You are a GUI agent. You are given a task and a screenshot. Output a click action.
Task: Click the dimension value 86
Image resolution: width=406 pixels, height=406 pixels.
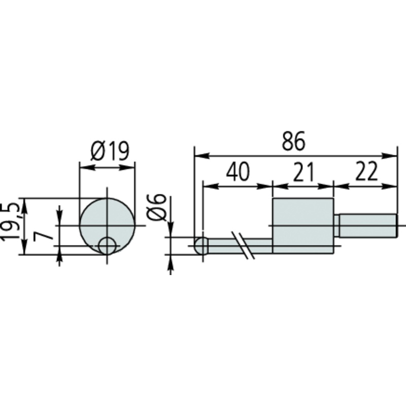point(293,142)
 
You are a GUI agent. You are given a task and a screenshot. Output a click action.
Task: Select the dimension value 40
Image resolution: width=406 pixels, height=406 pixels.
point(238,172)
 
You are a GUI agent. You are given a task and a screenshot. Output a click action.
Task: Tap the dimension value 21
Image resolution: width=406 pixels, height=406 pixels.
point(303,172)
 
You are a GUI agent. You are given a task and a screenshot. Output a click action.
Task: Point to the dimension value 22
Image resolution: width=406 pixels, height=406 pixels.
point(366,172)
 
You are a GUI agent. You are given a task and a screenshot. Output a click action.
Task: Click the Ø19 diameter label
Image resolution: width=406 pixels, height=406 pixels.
point(110,151)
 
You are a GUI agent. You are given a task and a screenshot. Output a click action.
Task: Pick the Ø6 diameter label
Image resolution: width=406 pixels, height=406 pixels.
point(156,207)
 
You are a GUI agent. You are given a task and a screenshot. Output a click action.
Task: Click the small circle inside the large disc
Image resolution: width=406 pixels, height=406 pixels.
point(107,246)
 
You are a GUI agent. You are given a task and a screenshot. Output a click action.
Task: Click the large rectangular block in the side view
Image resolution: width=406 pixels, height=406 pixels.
point(303,225)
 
